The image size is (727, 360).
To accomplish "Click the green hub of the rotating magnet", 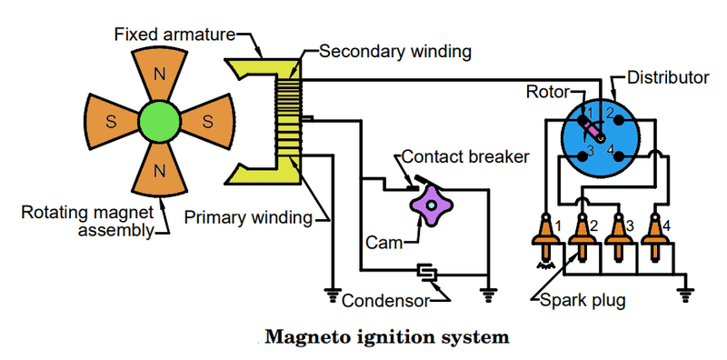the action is [159, 122].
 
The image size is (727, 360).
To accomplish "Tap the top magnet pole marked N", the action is [160, 75].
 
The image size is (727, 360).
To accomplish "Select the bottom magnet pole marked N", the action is [160, 169].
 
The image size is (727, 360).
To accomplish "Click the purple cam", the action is [431, 205].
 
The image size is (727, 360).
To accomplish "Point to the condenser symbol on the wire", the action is [425, 273].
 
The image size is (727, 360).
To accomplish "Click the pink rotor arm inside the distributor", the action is [593, 130].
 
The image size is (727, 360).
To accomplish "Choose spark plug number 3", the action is [618, 237].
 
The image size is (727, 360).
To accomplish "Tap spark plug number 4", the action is [655, 237].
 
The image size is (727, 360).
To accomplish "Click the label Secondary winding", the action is [395, 52].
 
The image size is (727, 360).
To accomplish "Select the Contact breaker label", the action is [465, 156].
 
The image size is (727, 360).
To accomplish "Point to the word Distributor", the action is [668, 77].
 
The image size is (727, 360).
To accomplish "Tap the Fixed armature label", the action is [174, 35].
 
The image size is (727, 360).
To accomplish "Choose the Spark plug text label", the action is [583, 301].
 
